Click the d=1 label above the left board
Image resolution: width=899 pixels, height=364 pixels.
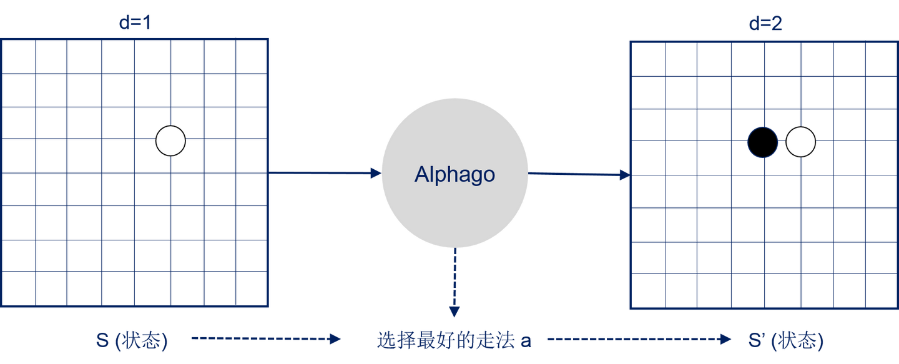tap(135, 24)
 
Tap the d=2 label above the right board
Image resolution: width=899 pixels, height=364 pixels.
tap(765, 24)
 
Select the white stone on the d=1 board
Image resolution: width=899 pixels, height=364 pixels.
tap(170, 140)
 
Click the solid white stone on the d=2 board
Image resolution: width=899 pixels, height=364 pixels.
tap(800, 142)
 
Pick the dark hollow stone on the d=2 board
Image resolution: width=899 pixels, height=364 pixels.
tap(763, 142)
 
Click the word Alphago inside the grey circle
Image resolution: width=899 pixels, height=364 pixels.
tap(454, 175)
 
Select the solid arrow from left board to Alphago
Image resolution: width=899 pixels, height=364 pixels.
tap(325, 173)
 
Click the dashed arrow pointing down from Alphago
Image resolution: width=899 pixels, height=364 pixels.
tap(454, 281)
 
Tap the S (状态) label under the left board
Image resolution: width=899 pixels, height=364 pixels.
tap(132, 341)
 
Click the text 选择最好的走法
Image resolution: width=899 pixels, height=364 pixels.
tap(446, 341)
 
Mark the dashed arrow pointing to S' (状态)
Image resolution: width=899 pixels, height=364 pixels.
tap(639, 339)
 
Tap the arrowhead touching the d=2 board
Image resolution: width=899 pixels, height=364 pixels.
tap(624, 175)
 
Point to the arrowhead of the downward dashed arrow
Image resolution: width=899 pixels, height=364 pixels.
tap(454, 311)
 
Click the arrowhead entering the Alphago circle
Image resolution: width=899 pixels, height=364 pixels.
tap(375, 173)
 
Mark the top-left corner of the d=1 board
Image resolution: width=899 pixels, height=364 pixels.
tap(1, 39)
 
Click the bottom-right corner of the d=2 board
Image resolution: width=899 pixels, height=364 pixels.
tap(896, 308)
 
